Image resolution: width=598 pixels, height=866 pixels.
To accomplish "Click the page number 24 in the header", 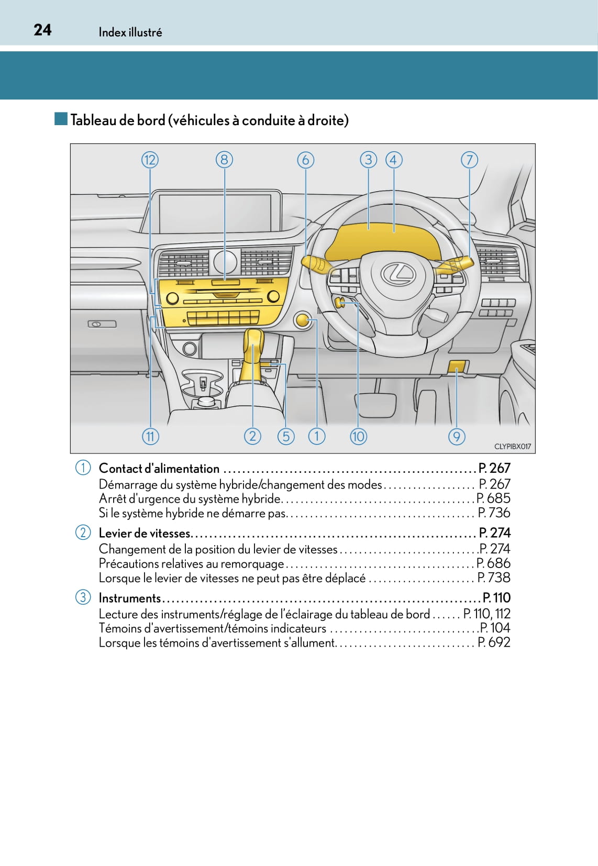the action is (x=42, y=30).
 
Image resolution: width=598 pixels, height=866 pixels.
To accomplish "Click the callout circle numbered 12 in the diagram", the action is (x=150, y=160).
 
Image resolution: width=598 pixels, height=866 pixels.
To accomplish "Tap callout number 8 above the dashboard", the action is (x=224, y=160).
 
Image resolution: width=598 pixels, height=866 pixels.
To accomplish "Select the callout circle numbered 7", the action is (x=469, y=160).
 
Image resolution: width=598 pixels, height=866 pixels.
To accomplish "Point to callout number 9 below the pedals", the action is (x=457, y=437).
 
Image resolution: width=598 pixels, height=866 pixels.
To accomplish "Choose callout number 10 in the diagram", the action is (x=358, y=437).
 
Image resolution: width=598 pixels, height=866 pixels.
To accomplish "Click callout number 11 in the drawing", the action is (x=150, y=437).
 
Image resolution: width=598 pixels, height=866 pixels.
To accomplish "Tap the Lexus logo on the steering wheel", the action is (x=398, y=274).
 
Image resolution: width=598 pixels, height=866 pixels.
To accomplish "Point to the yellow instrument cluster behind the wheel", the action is (x=383, y=242).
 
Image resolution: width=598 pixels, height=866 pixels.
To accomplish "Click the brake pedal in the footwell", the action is (x=375, y=404).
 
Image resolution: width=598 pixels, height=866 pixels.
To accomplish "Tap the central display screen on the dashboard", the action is (x=219, y=213).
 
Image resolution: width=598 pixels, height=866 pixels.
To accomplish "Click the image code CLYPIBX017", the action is (x=513, y=447).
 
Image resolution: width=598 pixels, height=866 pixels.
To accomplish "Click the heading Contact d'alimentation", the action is (x=159, y=469).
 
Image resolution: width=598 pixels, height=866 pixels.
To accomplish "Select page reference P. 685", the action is (x=494, y=498).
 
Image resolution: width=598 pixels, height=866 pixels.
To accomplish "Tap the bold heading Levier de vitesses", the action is (x=145, y=533).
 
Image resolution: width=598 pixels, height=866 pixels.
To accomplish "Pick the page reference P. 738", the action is (x=494, y=578).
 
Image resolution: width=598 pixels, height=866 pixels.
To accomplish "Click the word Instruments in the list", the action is (x=129, y=598).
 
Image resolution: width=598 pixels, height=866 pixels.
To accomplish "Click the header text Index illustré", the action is (x=130, y=32).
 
